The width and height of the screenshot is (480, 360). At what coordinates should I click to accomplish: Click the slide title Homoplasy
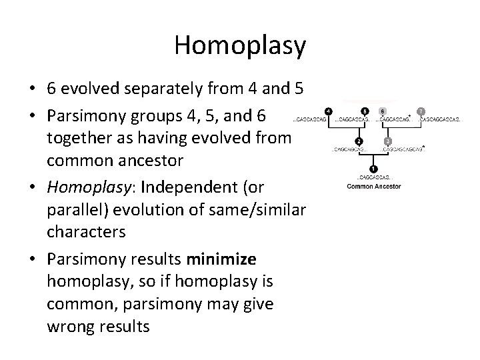[240, 45]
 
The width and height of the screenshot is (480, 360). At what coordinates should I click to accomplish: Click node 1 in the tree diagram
[374, 169]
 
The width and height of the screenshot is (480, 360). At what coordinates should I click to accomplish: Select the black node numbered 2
[358, 141]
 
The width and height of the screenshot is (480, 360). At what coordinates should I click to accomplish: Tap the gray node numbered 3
[388, 141]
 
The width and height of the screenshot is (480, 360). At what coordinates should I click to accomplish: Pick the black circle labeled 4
[328, 111]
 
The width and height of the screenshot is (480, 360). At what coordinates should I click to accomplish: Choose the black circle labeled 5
[364, 111]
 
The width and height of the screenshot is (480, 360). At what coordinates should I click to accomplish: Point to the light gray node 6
[382, 111]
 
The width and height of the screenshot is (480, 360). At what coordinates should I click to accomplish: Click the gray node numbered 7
[420, 111]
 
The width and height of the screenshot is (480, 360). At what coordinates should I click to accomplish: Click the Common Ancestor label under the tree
[374, 186]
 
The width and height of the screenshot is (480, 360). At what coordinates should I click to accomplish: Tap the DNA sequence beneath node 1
[374, 179]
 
